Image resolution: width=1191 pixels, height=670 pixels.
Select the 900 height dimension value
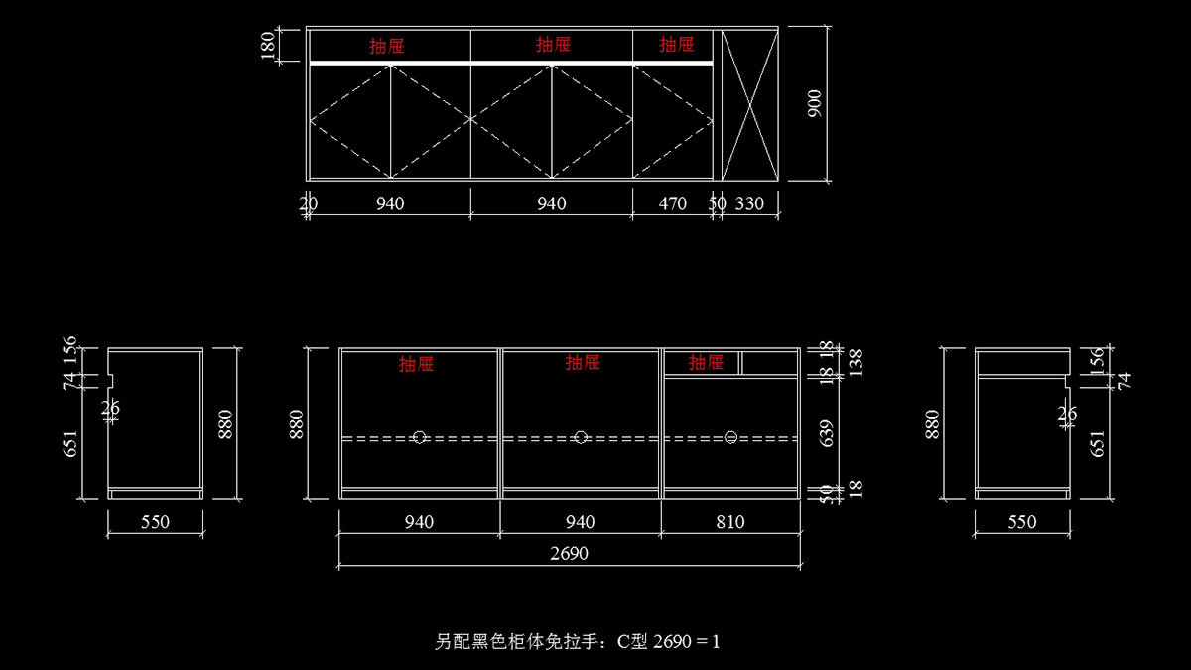tap(815, 104)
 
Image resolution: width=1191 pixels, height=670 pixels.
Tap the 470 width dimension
tap(673, 203)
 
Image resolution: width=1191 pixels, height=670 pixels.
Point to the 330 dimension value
tap(750, 203)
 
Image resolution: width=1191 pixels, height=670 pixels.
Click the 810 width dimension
tap(729, 522)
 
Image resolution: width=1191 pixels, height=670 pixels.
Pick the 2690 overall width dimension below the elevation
tap(569, 554)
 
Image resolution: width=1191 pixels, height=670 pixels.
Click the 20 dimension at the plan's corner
tap(309, 203)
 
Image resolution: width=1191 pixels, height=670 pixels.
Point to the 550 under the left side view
tap(155, 522)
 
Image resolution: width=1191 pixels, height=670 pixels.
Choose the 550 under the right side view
tap(1022, 522)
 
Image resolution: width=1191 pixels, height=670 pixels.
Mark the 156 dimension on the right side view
tap(1098, 358)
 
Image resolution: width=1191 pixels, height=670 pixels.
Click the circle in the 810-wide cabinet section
tap(731, 437)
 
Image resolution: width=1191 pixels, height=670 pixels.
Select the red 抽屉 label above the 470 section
tap(676, 44)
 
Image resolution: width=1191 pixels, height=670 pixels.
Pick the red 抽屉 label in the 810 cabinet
tap(706, 363)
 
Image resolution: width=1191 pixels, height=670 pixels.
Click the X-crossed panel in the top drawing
tap(749, 104)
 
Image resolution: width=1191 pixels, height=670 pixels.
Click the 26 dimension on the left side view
tap(110, 407)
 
